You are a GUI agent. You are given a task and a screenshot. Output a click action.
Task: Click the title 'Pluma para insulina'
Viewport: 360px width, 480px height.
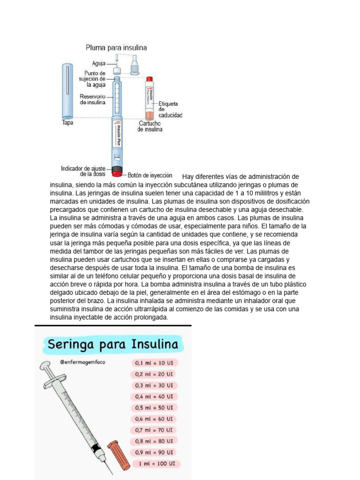click(x=116, y=47)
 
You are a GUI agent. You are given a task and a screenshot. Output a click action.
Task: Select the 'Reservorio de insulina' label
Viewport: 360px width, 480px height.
click(x=92, y=99)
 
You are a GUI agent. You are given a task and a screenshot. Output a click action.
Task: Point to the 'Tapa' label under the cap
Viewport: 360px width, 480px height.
click(x=67, y=123)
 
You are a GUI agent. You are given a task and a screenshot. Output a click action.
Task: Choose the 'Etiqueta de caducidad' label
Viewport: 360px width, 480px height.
click(x=170, y=109)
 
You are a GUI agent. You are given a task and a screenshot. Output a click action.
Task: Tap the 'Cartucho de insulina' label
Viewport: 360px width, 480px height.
click(x=150, y=126)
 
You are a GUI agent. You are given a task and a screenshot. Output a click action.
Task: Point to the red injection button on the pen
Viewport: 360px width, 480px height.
click(x=117, y=174)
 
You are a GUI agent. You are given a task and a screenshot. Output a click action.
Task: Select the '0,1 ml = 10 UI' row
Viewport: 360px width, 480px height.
click(x=154, y=363)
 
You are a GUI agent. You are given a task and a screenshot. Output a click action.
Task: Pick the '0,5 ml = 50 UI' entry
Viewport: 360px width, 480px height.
click(x=154, y=408)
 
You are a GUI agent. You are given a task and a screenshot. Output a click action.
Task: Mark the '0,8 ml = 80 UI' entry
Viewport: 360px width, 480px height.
click(x=154, y=441)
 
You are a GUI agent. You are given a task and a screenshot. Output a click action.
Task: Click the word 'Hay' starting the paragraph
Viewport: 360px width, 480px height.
click(x=187, y=177)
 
